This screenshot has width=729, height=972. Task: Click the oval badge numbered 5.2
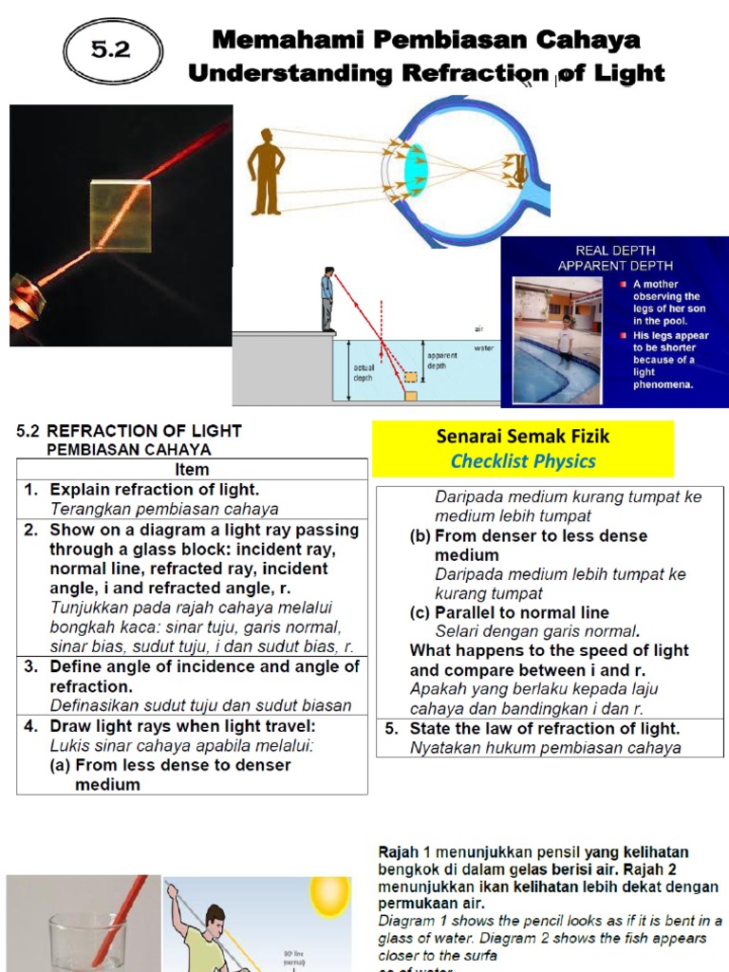111,50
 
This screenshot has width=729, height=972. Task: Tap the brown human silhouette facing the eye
266,171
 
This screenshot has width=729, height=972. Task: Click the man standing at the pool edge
327,299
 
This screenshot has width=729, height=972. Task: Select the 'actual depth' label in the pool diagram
364,371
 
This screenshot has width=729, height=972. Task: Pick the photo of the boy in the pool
558,340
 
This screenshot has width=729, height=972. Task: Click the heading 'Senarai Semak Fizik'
522,437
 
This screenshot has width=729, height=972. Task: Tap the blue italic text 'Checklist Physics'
523,461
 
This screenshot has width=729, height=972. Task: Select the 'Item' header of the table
192,469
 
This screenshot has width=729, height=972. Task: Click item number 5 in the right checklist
391,729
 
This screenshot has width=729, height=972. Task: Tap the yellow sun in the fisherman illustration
329,896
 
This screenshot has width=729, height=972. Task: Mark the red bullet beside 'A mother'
623,284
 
